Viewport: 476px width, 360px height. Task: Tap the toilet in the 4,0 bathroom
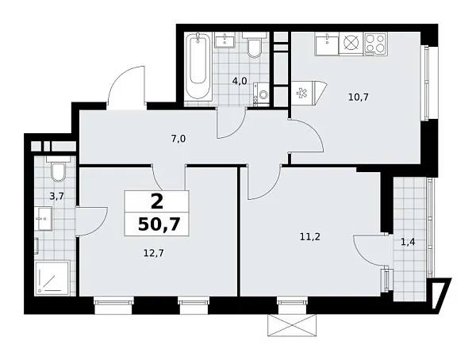254,48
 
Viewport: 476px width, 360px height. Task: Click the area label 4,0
240,79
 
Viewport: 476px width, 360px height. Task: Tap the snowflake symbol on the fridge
301,93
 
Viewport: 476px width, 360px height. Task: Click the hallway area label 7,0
178,139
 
